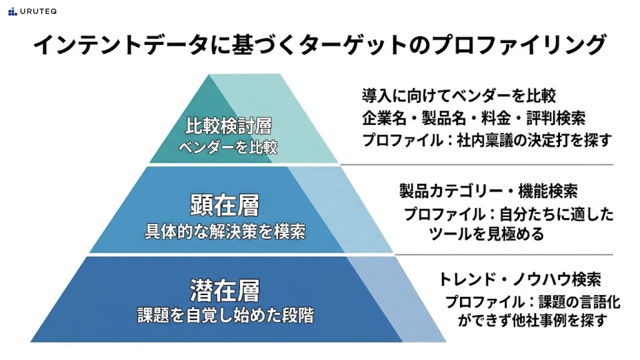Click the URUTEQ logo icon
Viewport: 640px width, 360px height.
pos(12,11)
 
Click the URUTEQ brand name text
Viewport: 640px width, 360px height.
pos(38,12)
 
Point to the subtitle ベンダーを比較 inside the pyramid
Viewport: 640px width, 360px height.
pos(228,147)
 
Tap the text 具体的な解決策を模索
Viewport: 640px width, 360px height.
pos(225,232)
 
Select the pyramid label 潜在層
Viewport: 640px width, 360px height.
pos(224,291)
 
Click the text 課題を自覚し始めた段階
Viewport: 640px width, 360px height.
pos(225,316)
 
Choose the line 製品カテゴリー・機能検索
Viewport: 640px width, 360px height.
pos(488,192)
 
